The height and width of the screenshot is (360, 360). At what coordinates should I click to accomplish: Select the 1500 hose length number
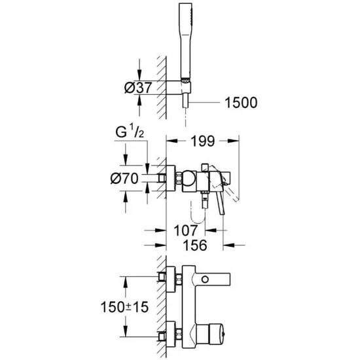[x=239, y=103]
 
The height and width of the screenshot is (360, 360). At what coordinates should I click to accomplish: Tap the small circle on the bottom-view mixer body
[x=207, y=280]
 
